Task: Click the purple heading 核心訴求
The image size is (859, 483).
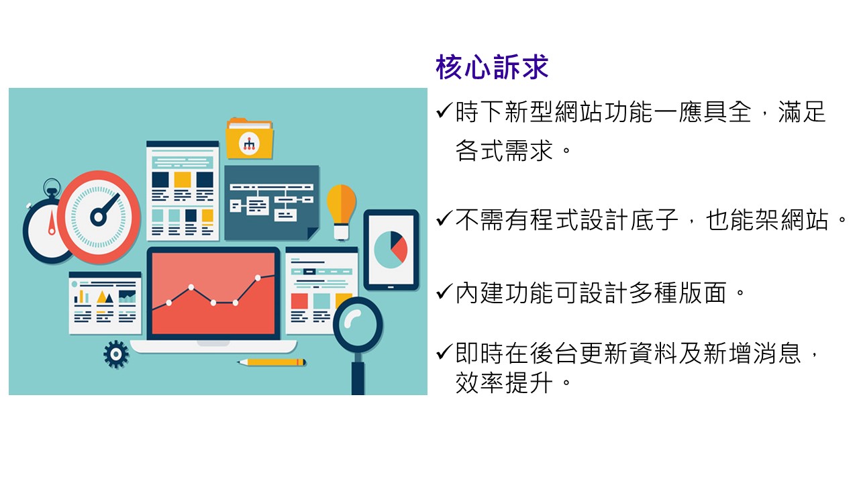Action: (x=492, y=67)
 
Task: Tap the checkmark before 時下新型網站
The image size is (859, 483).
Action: (x=444, y=111)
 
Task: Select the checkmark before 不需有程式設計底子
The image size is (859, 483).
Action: (x=444, y=219)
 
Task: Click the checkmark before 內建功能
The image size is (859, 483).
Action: (x=444, y=292)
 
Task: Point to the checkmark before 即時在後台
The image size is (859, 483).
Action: (x=444, y=352)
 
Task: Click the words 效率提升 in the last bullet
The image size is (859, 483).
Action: (x=504, y=382)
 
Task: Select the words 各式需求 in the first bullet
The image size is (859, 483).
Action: (x=504, y=150)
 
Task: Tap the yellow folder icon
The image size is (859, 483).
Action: (x=250, y=138)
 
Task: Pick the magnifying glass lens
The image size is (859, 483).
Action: (x=358, y=324)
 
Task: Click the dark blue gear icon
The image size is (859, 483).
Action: (x=116, y=354)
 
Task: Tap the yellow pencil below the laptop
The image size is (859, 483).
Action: (x=272, y=362)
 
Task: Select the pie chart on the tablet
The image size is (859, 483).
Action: (x=391, y=250)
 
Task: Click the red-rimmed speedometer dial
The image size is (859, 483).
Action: (x=99, y=217)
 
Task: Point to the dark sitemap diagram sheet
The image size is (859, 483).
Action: (x=272, y=203)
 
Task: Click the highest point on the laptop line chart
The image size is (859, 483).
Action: (x=258, y=278)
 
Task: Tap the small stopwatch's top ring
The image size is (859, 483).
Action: (x=52, y=186)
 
